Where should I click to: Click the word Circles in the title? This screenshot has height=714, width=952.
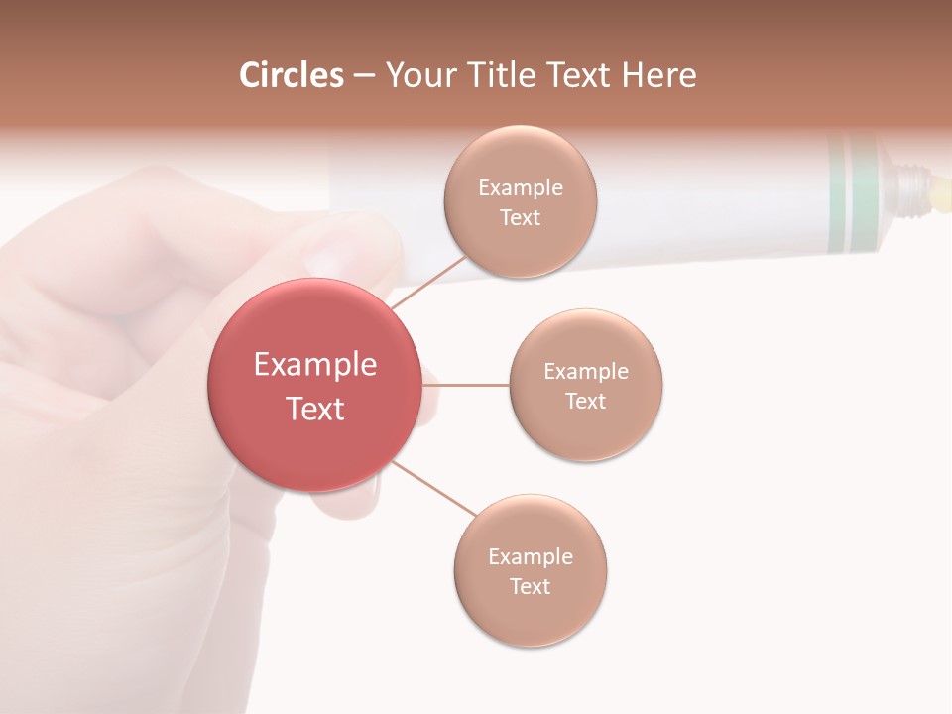click(x=292, y=75)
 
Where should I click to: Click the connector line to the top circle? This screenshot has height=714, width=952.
click(x=428, y=281)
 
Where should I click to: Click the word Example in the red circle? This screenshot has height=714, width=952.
click(x=315, y=365)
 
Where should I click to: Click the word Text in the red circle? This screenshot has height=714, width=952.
click(x=315, y=409)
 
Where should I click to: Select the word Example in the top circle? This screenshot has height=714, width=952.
click(x=521, y=187)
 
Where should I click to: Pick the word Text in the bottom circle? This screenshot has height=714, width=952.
click(x=531, y=586)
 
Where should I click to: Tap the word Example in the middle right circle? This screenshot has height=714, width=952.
click(x=586, y=371)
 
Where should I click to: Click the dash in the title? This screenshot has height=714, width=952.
click(x=364, y=76)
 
